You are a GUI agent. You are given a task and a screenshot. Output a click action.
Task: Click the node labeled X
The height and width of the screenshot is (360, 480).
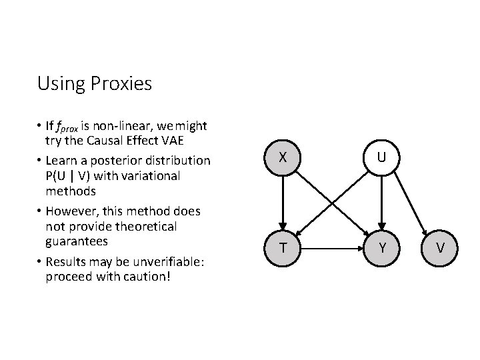click(283, 158)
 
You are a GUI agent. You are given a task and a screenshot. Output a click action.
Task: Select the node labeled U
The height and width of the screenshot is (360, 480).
click(381, 158)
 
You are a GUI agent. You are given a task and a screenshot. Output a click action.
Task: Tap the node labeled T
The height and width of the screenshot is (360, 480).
click(283, 248)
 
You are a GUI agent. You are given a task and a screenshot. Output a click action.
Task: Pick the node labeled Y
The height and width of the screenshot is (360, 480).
click(381, 248)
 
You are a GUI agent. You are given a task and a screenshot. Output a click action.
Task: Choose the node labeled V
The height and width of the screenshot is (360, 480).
click(441, 248)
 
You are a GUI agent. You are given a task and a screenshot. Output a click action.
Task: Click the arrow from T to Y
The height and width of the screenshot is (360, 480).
click(332, 248)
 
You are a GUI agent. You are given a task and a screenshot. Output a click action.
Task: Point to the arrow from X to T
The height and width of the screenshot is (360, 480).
click(283, 203)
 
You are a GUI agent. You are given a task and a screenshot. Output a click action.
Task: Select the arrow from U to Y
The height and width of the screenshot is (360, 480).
click(381, 203)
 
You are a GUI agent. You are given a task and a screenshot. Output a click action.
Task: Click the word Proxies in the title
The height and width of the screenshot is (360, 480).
click(123, 84)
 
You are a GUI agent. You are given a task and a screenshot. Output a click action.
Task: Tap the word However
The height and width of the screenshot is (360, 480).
click(70, 211)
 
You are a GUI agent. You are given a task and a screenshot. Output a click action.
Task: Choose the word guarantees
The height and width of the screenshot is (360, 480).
click(78, 241)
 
